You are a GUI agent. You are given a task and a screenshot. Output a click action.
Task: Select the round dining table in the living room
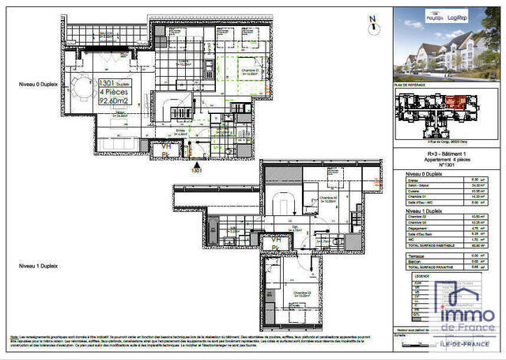[84, 85]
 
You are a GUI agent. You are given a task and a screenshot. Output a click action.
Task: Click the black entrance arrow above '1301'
[197, 162]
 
